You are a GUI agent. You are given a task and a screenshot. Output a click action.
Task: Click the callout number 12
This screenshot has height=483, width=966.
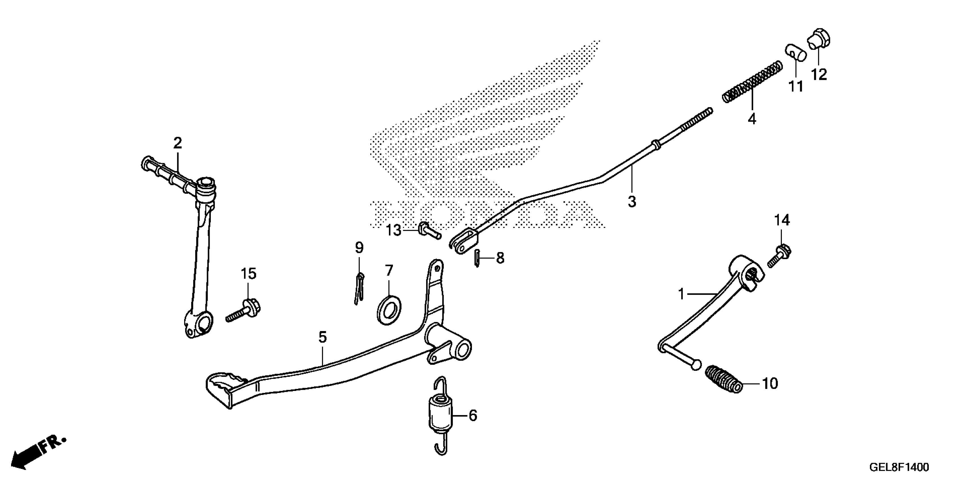819,75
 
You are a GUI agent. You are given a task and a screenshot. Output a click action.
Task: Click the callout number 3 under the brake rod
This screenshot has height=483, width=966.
632,202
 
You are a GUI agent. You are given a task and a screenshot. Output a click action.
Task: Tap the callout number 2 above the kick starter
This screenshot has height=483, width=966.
177,143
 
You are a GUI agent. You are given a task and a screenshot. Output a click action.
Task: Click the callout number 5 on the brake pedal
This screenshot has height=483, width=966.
322,337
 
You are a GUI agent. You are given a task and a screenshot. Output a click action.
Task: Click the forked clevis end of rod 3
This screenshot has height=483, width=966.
463,241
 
